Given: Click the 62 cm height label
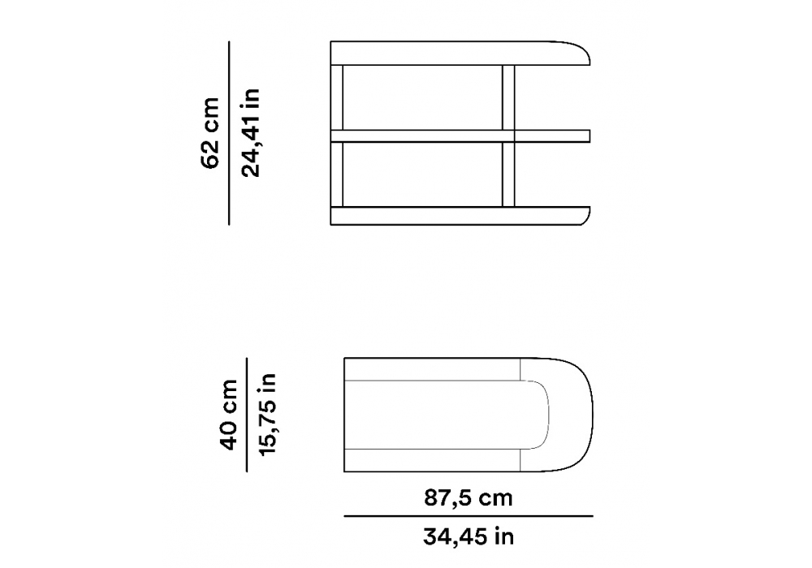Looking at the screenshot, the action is pos(211,133).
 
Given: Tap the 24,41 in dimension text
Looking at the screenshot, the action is pos(251,133).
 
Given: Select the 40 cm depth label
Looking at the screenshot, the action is pos(228,415).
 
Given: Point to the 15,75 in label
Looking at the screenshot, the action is pos(268,415).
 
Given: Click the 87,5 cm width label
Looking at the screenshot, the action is pos(469,497).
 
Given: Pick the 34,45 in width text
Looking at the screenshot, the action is pos(469,537).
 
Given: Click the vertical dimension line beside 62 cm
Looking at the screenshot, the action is pos(229,133).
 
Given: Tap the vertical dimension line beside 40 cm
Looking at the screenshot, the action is pos(247,415).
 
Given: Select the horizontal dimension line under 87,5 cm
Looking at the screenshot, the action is pos(469,516).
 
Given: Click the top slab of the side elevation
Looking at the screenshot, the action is pos(460,54).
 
